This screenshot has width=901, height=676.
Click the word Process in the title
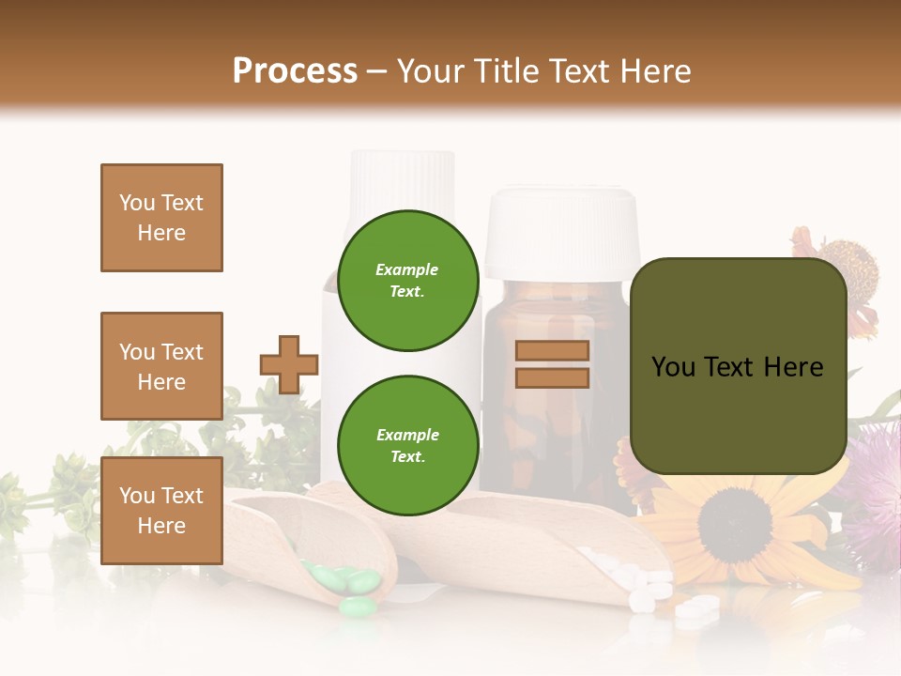pyautogui.click(x=295, y=71)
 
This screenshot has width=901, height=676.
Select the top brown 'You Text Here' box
pyautogui.click(x=161, y=218)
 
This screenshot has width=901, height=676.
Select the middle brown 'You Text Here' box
pyautogui.click(x=161, y=366)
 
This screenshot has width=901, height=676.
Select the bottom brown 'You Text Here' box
pyautogui.click(x=161, y=510)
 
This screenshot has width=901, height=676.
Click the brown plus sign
pyautogui.click(x=289, y=364)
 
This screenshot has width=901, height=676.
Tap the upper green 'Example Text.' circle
pyautogui.click(x=407, y=281)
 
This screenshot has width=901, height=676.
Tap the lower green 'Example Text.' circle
pyautogui.click(x=407, y=445)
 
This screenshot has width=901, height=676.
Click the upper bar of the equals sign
pyautogui.click(x=552, y=351)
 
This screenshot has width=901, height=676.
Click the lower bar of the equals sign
pyautogui.click(x=552, y=377)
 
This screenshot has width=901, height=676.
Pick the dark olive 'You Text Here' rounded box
pyautogui.click(x=738, y=366)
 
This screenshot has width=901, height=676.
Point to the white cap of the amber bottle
pyautogui.click(x=561, y=230)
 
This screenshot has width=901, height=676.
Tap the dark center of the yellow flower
pyautogui.click(x=735, y=524)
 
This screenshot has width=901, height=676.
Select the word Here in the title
pyautogui.click(x=654, y=71)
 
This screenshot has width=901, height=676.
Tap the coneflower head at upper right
pyautogui.click(x=847, y=272)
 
